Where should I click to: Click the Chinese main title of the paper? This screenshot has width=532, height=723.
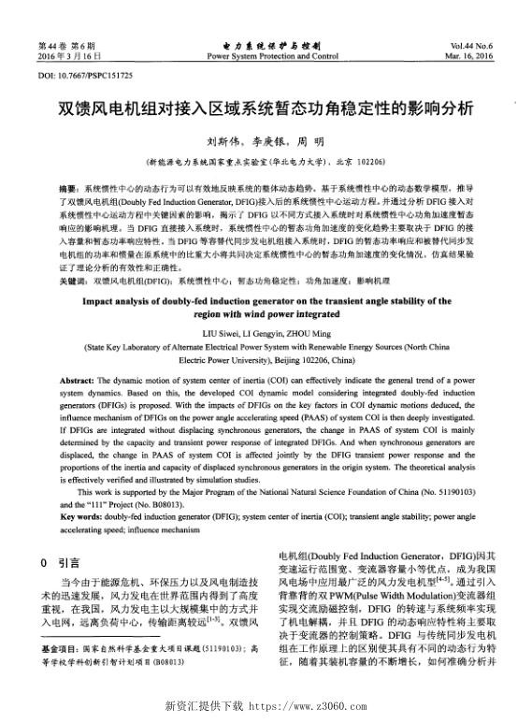266,108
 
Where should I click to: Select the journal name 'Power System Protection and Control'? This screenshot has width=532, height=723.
272,56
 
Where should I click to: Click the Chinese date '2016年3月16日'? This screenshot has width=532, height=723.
66,56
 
